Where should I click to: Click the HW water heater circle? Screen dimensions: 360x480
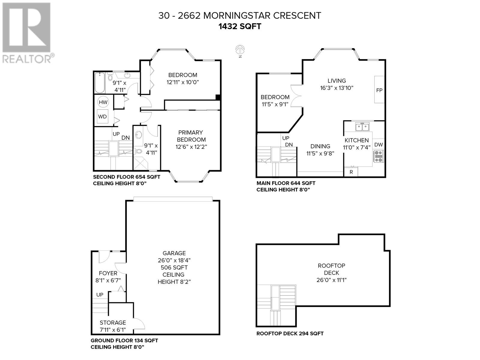103,102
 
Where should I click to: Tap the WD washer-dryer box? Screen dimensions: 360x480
103,117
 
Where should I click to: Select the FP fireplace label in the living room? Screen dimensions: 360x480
379,90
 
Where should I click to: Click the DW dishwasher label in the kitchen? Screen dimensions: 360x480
379,145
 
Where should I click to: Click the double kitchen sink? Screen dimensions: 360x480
362,127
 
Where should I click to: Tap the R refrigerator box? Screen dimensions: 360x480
351,172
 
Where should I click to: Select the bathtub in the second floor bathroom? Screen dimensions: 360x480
99,83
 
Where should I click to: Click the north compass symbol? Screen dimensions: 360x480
240,49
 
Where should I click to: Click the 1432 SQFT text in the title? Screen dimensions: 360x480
240,26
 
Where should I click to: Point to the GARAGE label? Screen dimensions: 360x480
174,253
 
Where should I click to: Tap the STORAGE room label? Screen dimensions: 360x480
112,322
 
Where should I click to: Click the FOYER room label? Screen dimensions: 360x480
108,273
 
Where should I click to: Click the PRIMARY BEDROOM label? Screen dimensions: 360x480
191,136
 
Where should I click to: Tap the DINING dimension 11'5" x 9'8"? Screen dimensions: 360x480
320,153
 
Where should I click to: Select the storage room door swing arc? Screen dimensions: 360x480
140,323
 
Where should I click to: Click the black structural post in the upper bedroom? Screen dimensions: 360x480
218,97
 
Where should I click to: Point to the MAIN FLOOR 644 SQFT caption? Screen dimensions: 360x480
286,183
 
